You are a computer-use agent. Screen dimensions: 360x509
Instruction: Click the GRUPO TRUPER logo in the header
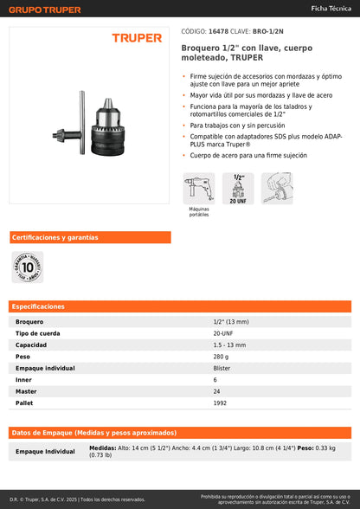45,10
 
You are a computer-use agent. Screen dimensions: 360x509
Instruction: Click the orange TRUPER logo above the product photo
136,38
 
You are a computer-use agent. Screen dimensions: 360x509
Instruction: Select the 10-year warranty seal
27,268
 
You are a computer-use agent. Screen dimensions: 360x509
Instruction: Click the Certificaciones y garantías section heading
55,237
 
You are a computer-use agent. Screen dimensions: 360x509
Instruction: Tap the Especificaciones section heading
40,306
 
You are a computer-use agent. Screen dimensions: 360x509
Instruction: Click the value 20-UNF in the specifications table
222,333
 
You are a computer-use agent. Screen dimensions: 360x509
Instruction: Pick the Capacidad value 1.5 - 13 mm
228,345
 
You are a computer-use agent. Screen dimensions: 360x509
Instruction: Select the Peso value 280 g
221,357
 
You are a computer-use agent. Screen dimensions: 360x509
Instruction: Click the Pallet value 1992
220,403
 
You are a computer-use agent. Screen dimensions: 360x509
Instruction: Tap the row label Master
26,391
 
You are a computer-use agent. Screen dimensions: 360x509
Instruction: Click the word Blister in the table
222,368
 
